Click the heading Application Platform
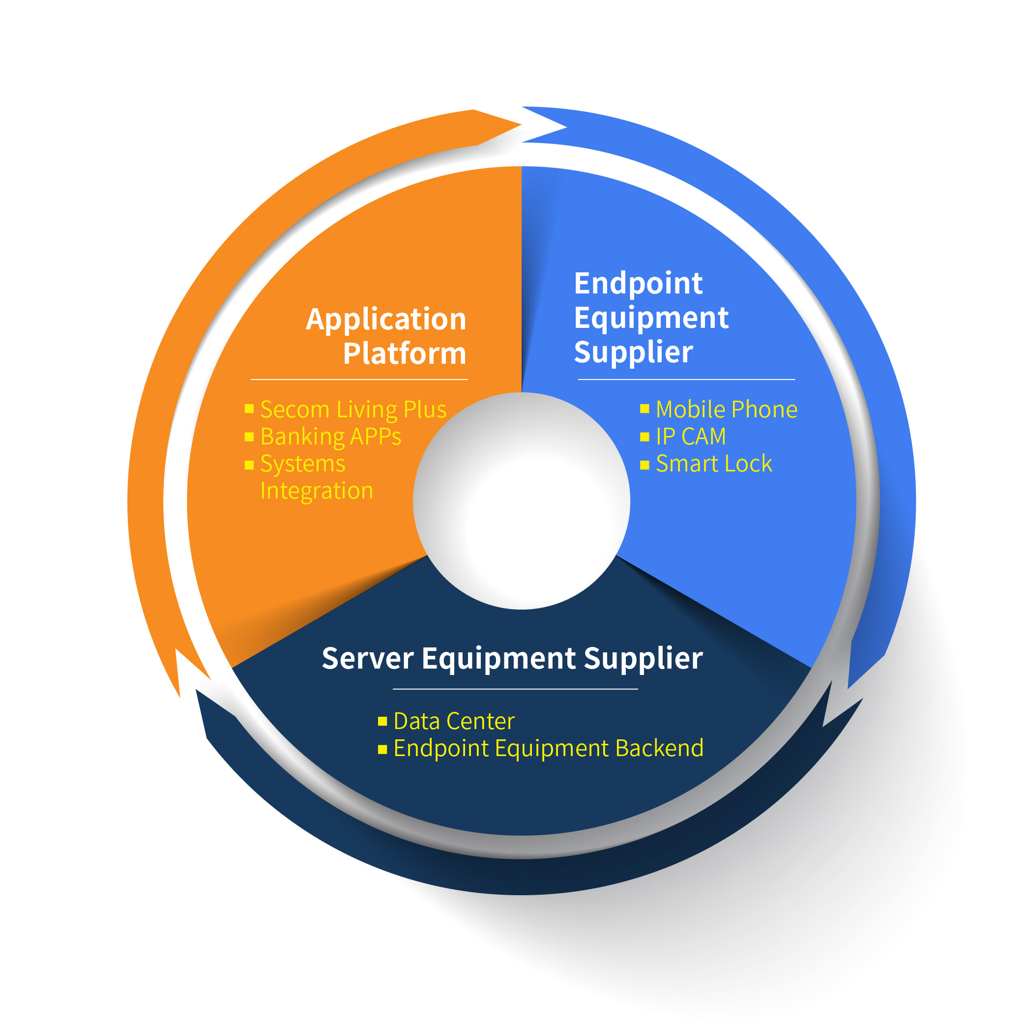(x=386, y=336)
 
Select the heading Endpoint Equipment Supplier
(x=651, y=318)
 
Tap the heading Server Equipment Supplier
(x=512, y=658)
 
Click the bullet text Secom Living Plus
(x=353, y=410)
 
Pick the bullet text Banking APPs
(x=331, y=437)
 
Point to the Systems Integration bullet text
(x=316, y=477)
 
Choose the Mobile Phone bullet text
(x=726, y=410)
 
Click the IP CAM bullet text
(x=691, y=437)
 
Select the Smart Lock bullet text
(x=713, y=464)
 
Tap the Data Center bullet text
(x=454, y=721)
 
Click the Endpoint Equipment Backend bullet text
(x=548, y=748)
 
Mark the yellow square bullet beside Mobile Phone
(x=644, y=409)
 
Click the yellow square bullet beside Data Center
(x=382, y=721)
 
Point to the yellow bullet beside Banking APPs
(x=249, y=437)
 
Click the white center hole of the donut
(x=522, y=501)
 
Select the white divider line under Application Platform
(x=359, y=380)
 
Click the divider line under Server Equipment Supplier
(x=515, y=689)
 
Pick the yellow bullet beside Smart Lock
(x=644, y=465)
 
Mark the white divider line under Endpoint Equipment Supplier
(x=686, y=380)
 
